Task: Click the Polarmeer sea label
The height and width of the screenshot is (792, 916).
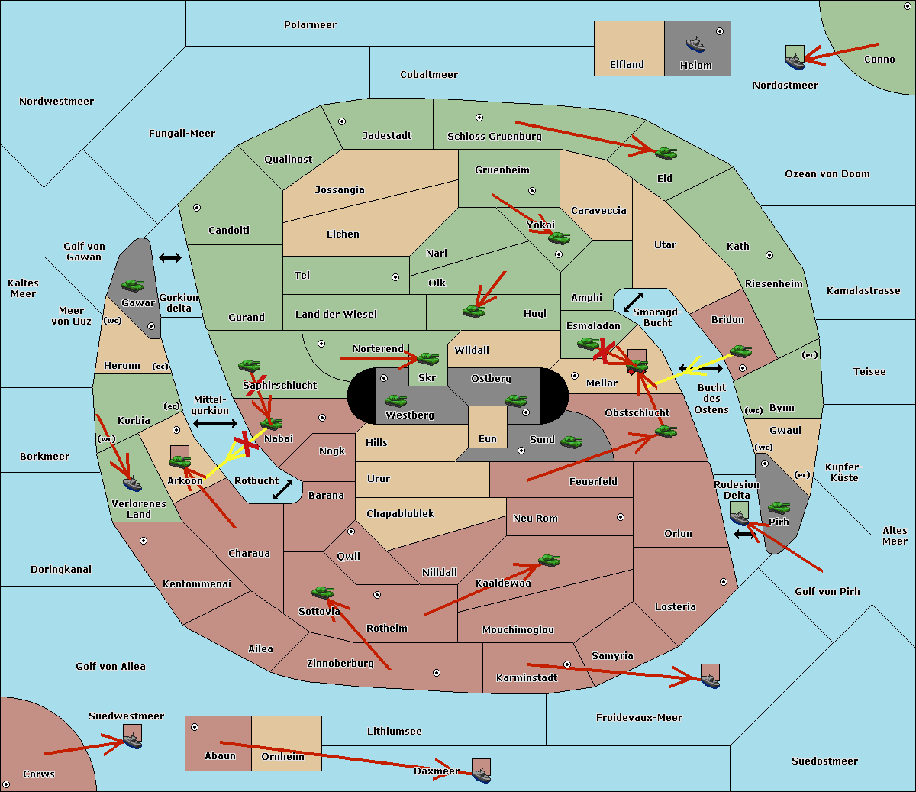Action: [x=310, y=25]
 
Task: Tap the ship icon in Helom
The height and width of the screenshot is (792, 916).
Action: [x=695, y=44]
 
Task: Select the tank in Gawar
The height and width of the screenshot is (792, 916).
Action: [x=133, y=285]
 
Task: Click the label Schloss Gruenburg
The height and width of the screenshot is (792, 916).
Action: [x=494, y=136]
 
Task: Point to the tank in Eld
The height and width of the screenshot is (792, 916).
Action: [x=666, y=154]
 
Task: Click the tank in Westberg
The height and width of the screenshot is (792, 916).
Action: [x=395, y=400]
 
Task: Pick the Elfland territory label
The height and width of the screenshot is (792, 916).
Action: [x=627, y=65]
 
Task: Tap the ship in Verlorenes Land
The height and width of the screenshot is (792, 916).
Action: [x=132, y=483]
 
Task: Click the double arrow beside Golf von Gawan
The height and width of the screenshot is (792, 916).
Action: [x=170, y=257]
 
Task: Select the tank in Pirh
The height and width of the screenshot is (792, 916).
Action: [x=779, y=507]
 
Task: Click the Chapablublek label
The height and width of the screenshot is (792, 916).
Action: [x=400, y=513]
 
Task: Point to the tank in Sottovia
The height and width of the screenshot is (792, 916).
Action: [x=323, y=592]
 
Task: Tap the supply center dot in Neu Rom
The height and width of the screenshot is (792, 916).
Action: [x=621, y=517]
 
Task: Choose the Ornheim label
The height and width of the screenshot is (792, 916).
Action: [x=282, y=757]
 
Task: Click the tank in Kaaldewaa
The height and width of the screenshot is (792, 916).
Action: [x=549, y=560]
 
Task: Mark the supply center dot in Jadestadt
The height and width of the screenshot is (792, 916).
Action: [x=342, y=121]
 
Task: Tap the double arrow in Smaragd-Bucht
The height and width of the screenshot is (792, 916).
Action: [x=633, y=302]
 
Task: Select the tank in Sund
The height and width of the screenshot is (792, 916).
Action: [x=571, y=441]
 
